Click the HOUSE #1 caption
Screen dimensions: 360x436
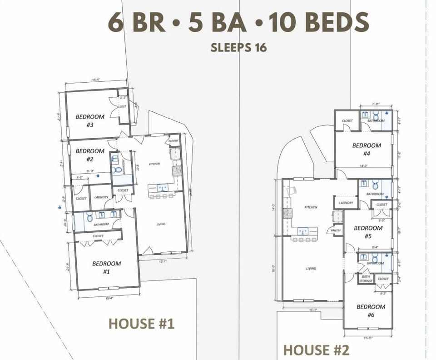tap(141, 324)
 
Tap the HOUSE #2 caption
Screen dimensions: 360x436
tap(316, 350)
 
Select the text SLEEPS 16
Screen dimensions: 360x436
tap(238, 47)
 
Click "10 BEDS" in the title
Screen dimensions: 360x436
tap(318, 22)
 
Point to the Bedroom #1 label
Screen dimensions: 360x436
tap(106, 267)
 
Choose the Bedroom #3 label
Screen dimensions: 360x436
tap(90, 120)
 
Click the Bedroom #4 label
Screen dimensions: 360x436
tap(367, 149)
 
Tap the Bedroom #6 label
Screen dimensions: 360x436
tap(371, 310)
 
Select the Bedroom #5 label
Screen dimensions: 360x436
tap(368, 232)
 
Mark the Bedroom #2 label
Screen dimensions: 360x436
tap(90, 155)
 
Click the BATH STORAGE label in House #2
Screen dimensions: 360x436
tap(366, 279)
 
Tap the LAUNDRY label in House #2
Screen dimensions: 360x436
tap(346, 203)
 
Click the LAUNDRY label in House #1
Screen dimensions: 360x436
tap(101, 197)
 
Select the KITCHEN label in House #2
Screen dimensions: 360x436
tap(311, 207)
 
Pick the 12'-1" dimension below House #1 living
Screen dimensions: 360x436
tap(163, 261)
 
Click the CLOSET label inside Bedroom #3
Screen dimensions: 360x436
tap(122, 107)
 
